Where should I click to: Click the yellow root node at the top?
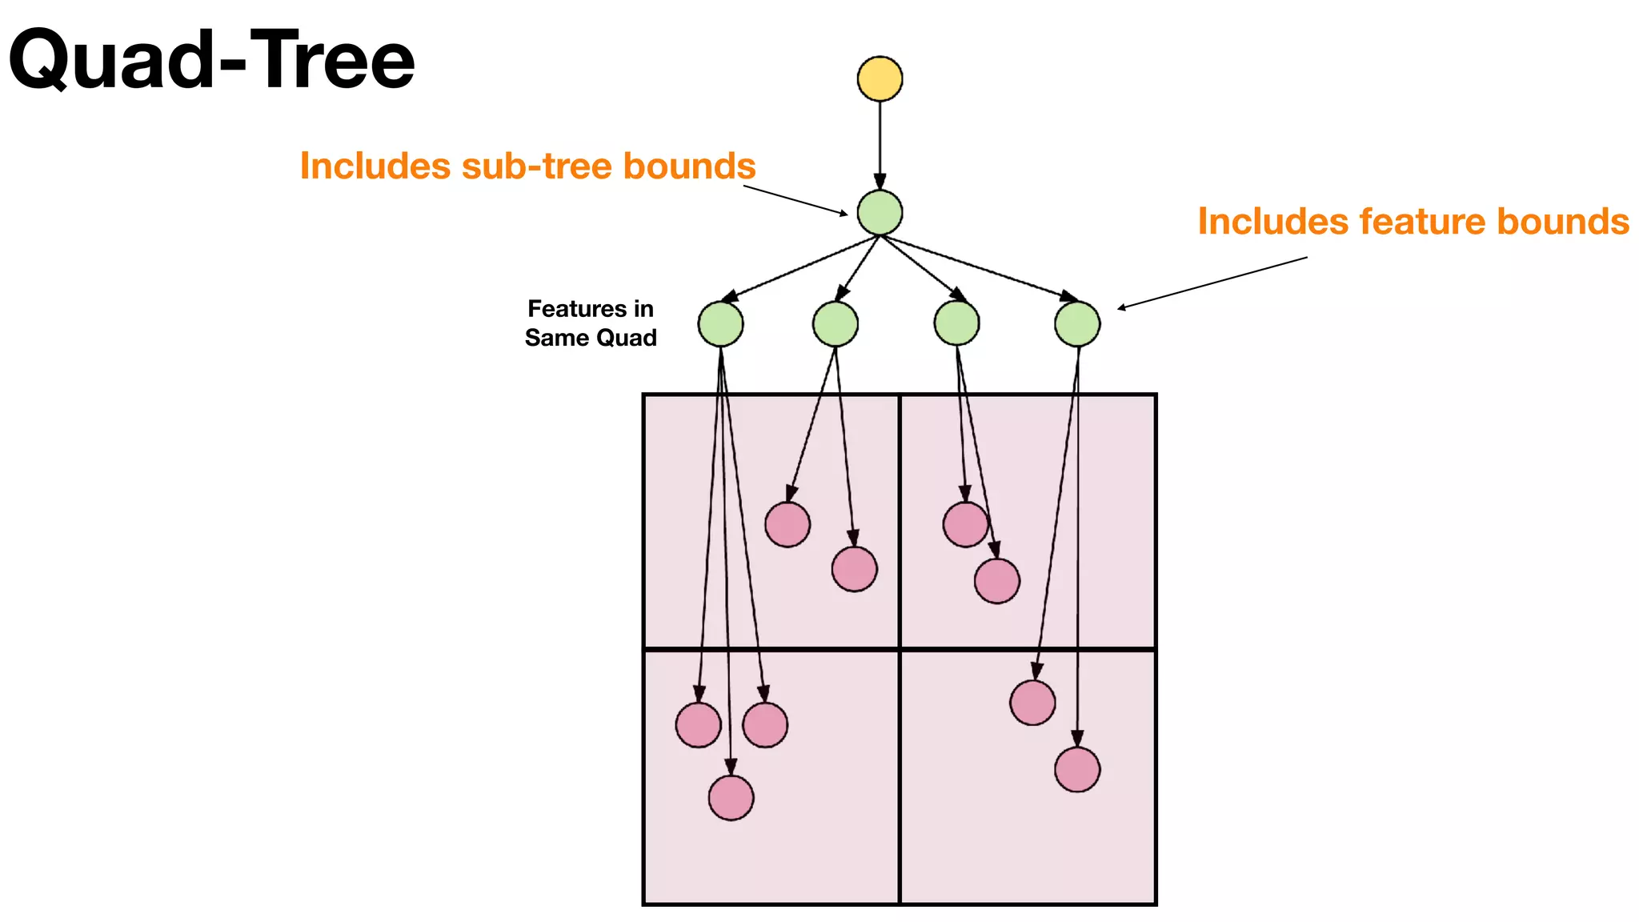(x=880, y=78)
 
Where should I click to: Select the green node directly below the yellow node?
(x=880, y=213)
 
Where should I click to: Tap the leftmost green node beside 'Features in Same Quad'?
(x=720, y=324)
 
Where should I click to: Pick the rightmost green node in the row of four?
(x=1077, y=324)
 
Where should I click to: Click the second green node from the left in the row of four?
(x=836, y=324)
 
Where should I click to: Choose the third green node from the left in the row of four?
(x=956, y=324)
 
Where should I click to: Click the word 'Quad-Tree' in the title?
(x=212, y=60)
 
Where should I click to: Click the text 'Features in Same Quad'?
(x=591, y=323)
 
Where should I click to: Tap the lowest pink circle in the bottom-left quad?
(x=731, y=798)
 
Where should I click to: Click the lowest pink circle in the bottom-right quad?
(x=1077, y=769)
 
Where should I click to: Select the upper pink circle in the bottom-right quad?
(x=1032, y=703)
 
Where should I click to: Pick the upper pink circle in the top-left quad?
(x=787, y=525)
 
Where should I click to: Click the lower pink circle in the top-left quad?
(x=854, y=569)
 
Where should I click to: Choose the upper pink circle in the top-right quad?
(x=966, y=525)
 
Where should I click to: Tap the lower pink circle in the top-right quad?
(x=997, y=580)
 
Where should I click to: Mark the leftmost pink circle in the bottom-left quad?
(x=698, y=725)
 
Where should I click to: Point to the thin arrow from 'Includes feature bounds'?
(x=1212, y=282)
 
